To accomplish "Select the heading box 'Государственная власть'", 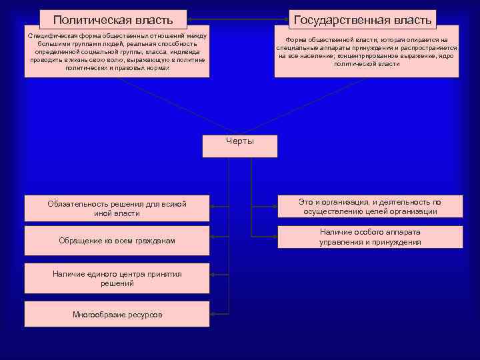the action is [x=363, y=20].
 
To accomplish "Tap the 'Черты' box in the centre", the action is [x=239, y=146].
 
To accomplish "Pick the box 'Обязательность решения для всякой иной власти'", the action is [x=117, y=209].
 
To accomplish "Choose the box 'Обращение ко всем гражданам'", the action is [x=117, y=240].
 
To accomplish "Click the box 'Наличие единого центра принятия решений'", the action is [x=117, y=279].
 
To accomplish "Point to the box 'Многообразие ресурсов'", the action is [x=117, y=314].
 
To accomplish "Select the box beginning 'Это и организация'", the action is [x=369, y=207].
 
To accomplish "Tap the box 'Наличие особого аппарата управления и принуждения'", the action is [x=369, y=237].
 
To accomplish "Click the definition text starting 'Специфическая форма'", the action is [x=117, y=52].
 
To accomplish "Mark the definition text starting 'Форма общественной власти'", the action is [x=367, y=52].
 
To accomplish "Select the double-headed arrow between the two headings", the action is [x=237, y=19].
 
